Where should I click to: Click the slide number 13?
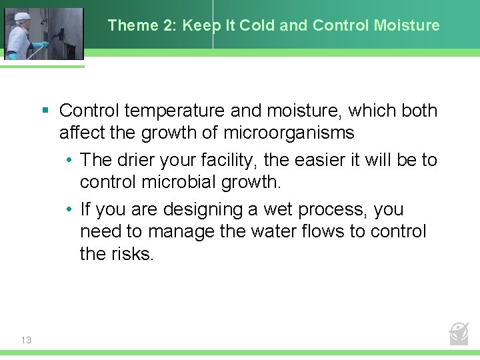tap(26, 340)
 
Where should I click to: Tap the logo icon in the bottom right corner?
tap(459, 333)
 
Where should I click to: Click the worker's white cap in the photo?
tap(23, 16)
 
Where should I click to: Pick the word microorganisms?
tap(289, 133)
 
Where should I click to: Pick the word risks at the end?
tap(130, 254)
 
